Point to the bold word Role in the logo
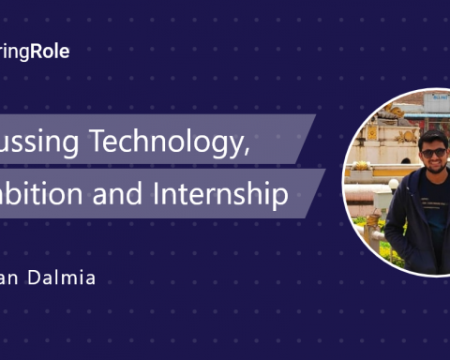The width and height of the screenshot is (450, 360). coord(50,52)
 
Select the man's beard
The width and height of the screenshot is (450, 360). coord(434,170)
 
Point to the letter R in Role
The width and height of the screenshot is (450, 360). coord(35,52)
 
